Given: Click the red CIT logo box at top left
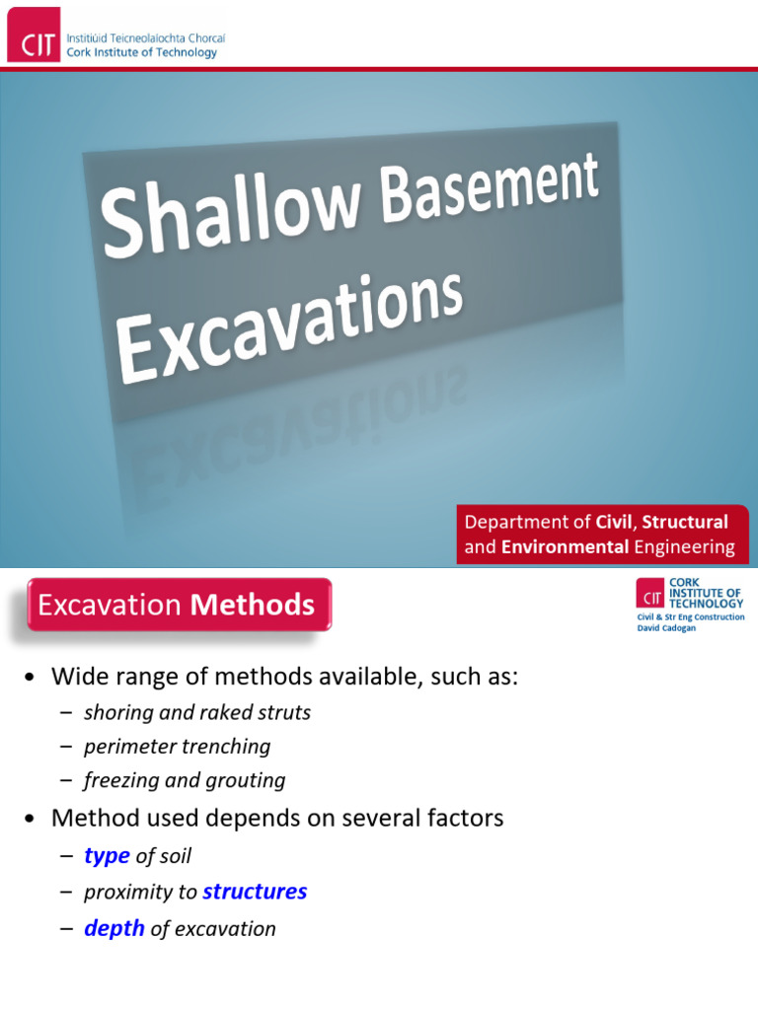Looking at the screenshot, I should click(x=34, y=35).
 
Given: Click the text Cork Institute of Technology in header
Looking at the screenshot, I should click(x=141, y=53).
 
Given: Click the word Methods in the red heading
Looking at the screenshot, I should click(x=253, y=605).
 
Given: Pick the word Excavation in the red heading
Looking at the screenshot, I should click(x=111, y=605).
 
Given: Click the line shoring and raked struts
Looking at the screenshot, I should click(x=197, y=712).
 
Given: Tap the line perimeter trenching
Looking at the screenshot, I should click(x=177, y=747).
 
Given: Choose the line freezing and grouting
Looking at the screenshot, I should click(x=185, y=780).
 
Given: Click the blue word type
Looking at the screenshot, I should click(x=107, y=856).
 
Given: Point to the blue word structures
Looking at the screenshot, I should click(x=255, y=892).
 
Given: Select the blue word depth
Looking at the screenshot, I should click(x=114, y=928).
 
